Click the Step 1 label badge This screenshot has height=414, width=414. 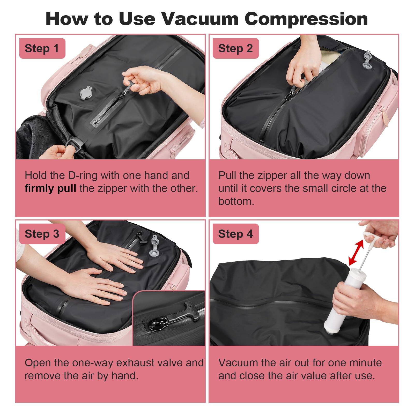click(42, 48)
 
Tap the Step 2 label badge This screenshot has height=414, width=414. click(235, 48)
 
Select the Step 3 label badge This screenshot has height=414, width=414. click(42, 234)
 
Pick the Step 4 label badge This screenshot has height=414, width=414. click(235, 234)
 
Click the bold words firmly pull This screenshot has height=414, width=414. click(50, 188)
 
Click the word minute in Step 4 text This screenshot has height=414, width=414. click(365, 363)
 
